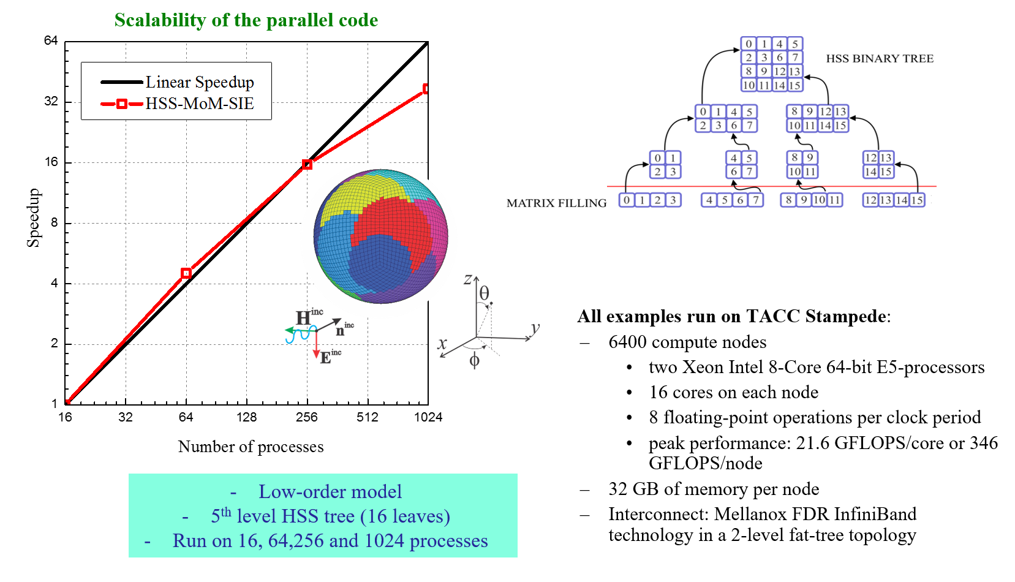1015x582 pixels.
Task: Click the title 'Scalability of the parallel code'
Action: (x=246, y=20)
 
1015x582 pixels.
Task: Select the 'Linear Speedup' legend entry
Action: (x=199, y=82)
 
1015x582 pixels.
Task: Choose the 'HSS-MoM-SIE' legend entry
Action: (x=199, y=104)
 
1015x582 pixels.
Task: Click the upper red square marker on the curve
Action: (x=308, y=164)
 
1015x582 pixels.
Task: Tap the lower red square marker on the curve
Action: (x=186, y=273)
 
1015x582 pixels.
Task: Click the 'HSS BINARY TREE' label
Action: (x=880, y=59)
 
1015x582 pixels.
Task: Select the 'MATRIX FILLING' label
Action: (x=556, y=203)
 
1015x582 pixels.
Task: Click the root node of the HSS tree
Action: (x=772, y=64)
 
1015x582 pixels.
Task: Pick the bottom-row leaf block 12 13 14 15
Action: (x=894, y=200)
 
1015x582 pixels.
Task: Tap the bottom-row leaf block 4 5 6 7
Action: (x=733, y=200)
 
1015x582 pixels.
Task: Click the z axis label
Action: (x=468, y=280)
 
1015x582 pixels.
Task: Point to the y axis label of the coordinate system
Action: (x=535, y=329)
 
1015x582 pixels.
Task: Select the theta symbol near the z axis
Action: (x=485, y=293)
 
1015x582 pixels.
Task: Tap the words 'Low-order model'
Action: (x=330, y=491)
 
